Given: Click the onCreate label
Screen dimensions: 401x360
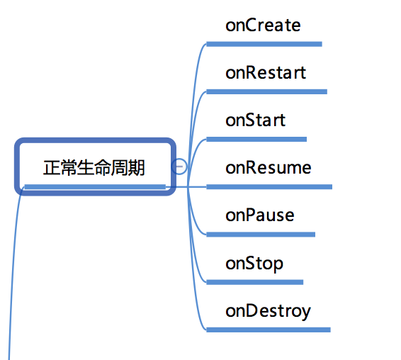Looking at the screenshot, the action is click(x=263, y=25).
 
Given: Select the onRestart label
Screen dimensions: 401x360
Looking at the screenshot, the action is click(x=266, y=73).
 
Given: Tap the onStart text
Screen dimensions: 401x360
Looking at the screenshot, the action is click(x=256, y=120).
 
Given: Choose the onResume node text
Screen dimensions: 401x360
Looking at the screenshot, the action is click(x=269, y=167).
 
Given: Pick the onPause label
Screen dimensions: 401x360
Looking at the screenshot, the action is click(x=260, y=215).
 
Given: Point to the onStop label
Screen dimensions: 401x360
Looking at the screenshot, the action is click(x=254, y=264).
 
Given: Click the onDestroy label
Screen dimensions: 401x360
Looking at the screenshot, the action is click(x=268, y=311).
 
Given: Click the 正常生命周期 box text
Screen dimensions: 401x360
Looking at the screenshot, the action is click(x=94, y=168).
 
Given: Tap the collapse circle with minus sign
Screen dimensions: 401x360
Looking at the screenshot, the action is click(x=179, y=167).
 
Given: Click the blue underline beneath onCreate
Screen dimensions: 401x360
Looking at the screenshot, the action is click(x=264, y=44).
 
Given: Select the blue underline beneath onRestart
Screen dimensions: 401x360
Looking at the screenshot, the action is click(x=266, y=91).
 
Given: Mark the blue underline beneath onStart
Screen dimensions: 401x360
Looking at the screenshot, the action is click(x=256, y=139).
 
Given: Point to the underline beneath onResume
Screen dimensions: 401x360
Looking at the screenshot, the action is click(x=269, y=187).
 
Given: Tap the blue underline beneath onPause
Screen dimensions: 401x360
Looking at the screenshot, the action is click(x=261, y=235).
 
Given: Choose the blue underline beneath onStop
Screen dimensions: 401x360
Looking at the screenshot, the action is click(x=255, y=282).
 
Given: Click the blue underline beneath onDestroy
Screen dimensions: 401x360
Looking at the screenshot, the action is click(x=269, y=330).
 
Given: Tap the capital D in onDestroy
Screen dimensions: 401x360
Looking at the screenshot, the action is click(x=247, y=310).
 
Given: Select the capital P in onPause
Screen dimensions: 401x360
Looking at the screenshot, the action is click(x=247, y=215).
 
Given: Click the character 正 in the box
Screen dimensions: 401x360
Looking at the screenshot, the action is click(x=52, y=168).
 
